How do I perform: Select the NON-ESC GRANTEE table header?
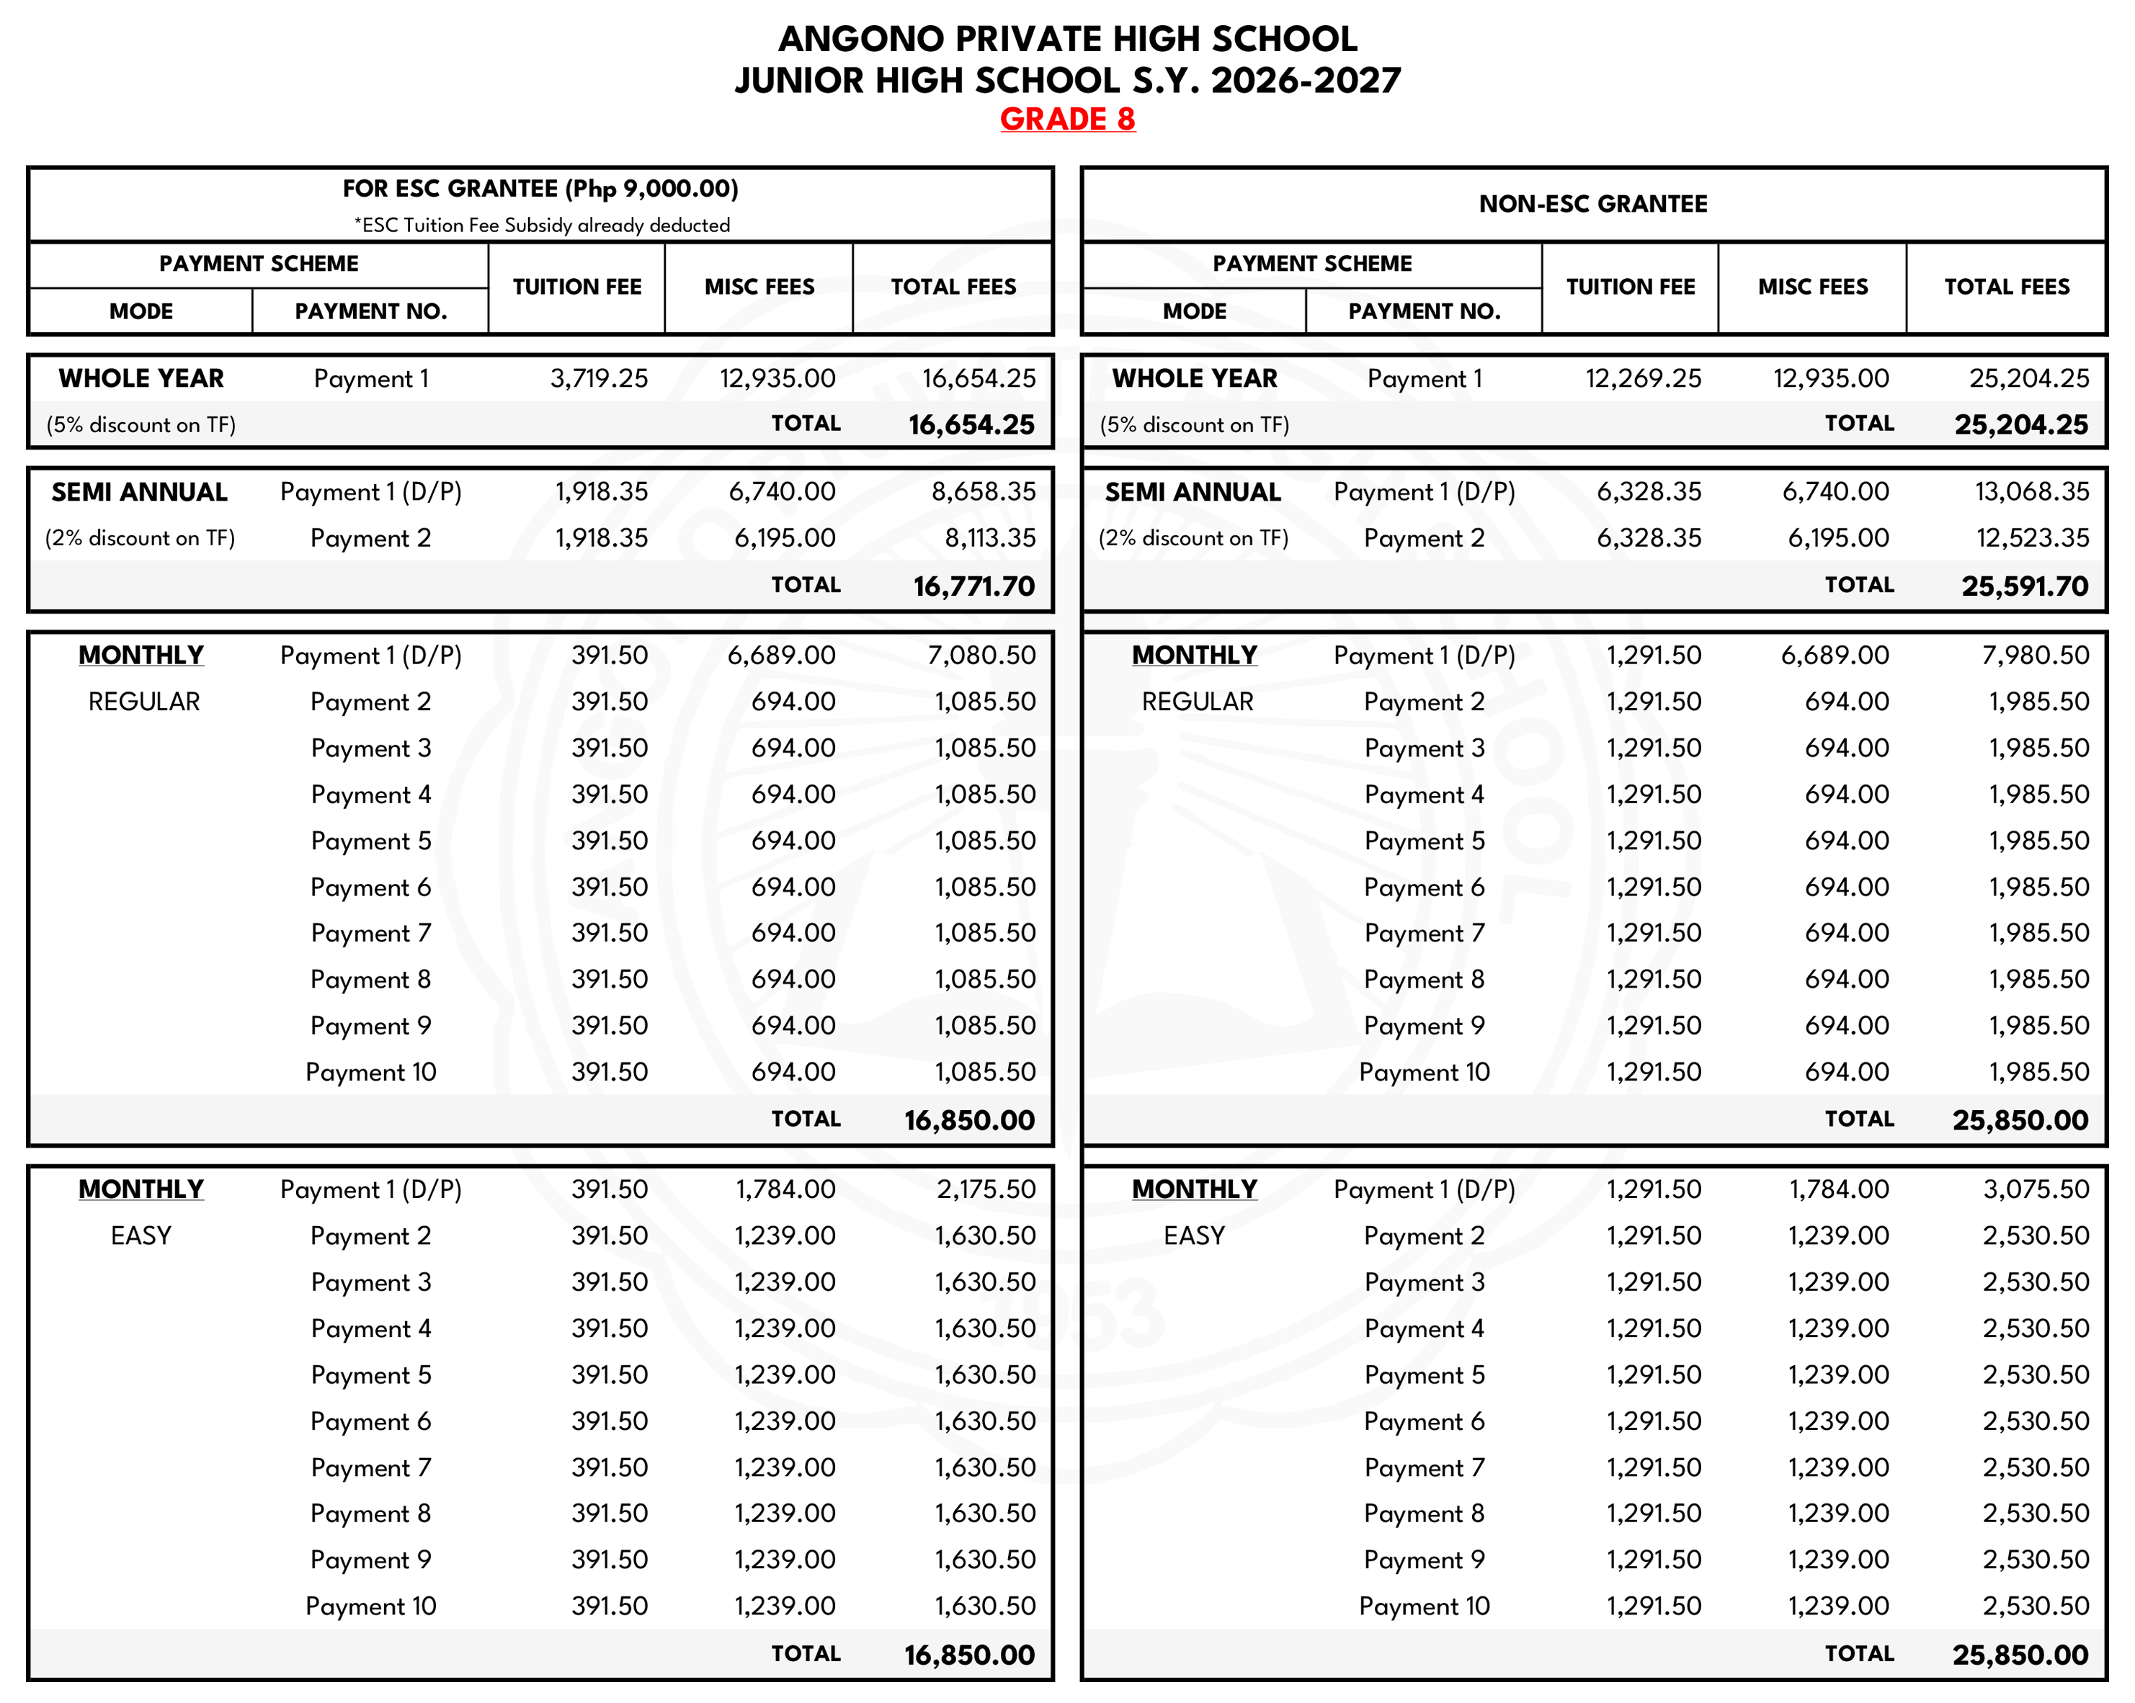[1592, 204]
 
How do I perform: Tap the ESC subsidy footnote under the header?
[542, 225]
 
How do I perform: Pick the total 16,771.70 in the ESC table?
[973, 586]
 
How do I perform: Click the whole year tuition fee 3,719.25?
[599, 378]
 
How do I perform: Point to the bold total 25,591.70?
[2024, 586]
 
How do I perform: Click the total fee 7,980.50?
[2035, 656]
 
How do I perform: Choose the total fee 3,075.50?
[2035, 1189]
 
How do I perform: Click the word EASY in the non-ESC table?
[1194, 1235]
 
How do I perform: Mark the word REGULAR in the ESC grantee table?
[143, 702]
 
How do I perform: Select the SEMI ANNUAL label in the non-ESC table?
[1193, 492]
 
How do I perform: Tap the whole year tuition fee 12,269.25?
[1643, 378]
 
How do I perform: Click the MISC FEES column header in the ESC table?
[759, 287]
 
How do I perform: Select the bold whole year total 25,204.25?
[2020, 425]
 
